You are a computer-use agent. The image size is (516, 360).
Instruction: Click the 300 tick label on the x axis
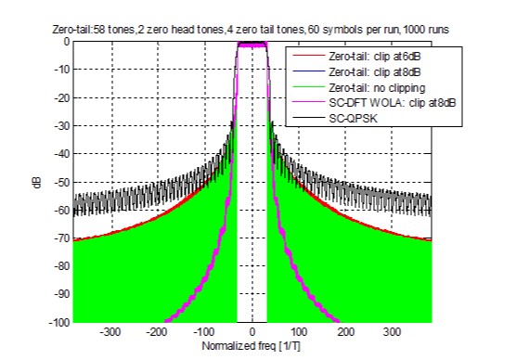tap(393, 332)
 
